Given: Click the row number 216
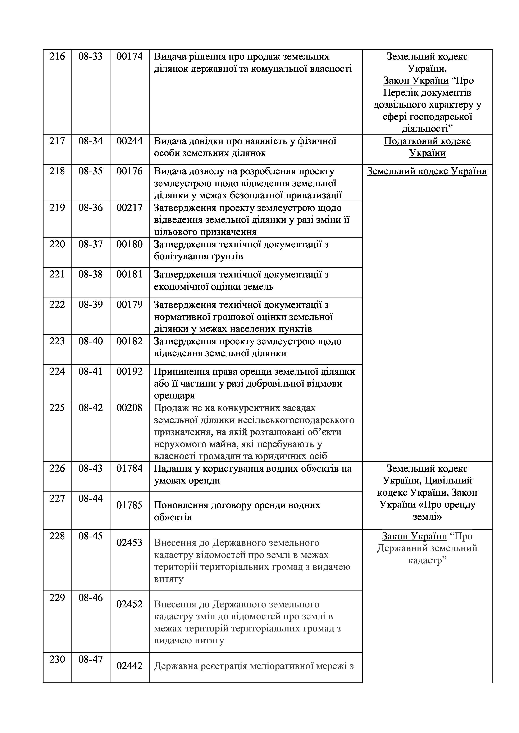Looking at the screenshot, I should (x=57, y=56).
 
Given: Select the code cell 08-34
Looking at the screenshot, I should (x=91, y=141).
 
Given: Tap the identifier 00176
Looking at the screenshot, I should (x=129, y=171).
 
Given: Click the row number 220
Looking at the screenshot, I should (x=57, y=244).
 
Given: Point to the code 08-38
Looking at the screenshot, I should (x=91, y=274).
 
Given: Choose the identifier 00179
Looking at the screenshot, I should (x=129, y=305).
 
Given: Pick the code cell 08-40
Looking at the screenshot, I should (x=91, y=341).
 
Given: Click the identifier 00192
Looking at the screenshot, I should (x=129, y=371).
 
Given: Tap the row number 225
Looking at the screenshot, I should (x=57, y=408).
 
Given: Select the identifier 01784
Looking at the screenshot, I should (x=129, y=468).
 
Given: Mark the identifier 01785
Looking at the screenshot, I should (x=129, y=505).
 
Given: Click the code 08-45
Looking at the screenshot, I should (x=91, y=536).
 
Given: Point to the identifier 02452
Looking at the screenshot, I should (x=129, y=604).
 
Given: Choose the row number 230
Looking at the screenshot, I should (x=57, y=659).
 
